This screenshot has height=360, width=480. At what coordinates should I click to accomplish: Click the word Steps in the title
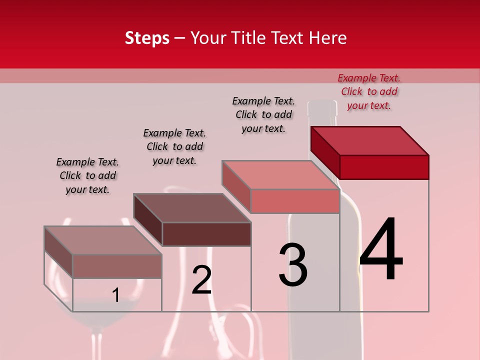(x=147, y=38)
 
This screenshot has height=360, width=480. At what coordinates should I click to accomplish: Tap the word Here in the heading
(x=327, y=38)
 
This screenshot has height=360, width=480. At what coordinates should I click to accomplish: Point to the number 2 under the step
(x=201, y=280)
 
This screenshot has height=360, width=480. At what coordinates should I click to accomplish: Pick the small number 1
(x=115, y=295)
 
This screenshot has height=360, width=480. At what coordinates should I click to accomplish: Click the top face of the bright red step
(x=370, y=140)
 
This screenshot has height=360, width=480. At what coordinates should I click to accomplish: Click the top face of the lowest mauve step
(x=103, y=240)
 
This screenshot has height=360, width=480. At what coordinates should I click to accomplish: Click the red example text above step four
(x=369, y=91)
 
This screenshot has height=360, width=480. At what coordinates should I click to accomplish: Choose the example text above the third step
(x=263, y=114)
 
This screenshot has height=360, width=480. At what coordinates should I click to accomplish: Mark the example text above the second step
(x=174, y=146)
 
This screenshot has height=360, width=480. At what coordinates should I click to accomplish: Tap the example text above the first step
(x=87, y=175)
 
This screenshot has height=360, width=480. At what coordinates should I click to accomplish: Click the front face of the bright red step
(x=384, y=167)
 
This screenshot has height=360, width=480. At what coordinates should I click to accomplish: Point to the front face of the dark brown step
(x=206, y=234)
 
